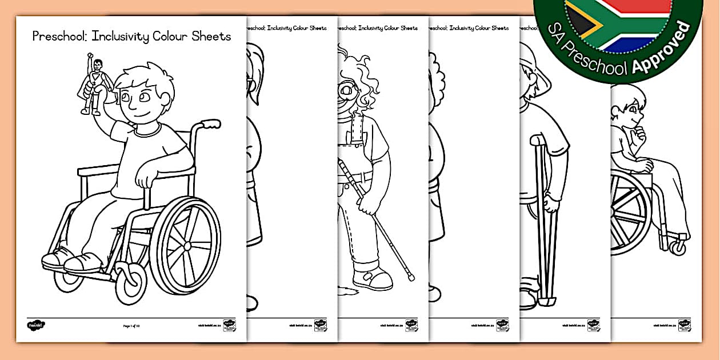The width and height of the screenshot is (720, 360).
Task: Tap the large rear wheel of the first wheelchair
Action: pyautogui.click(x=185, y=246)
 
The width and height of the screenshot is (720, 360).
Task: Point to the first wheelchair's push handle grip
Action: pyautogui.click(x=211, y=123)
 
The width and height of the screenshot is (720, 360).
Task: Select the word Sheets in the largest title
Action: pyautogui.click(x=211, y=37)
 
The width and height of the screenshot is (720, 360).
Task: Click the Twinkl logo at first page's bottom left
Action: pyautogui.click(x=36, y=325)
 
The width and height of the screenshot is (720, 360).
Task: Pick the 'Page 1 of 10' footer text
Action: pyautogui.click(x=131, y=326)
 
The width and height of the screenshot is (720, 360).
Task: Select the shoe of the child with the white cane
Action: pyautogui.click(x=373, y=279)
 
